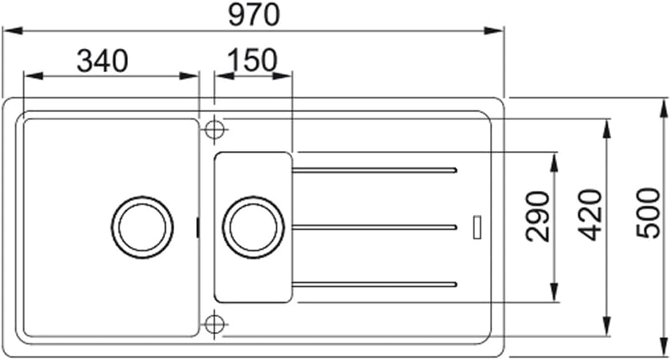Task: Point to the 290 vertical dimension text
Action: (538, 216)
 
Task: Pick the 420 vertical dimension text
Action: (590, 215)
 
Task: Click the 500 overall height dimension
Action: (648, 213)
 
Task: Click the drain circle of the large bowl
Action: (143, 227)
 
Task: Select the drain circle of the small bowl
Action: (254, 227)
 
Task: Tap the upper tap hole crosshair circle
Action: (214, 129)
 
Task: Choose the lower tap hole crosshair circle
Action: (214, 324)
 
